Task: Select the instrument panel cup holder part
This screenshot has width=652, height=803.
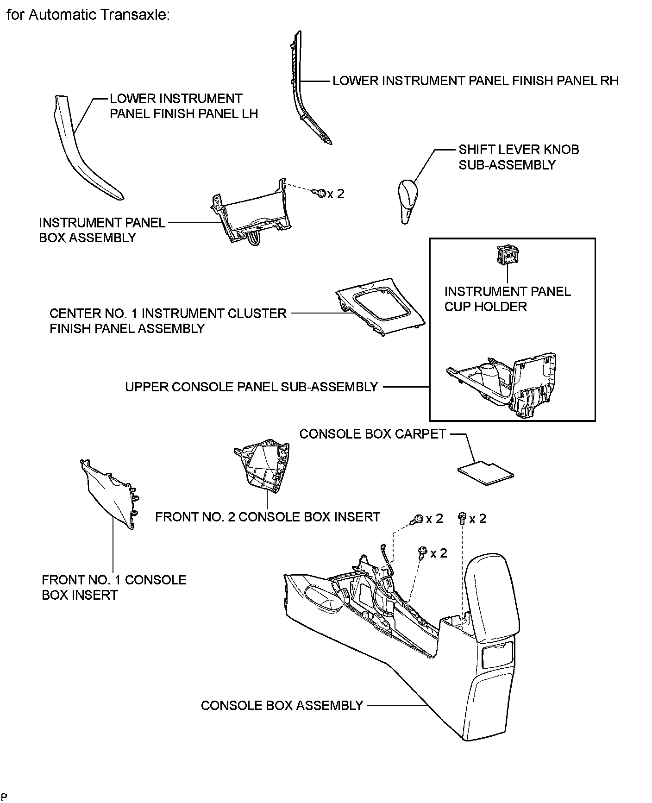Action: point(508,255)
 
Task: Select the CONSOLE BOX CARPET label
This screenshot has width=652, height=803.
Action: point(373,434)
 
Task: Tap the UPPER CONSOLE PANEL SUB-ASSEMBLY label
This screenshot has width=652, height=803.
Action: point(251,387)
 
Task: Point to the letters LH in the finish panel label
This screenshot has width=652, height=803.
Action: point(249,114)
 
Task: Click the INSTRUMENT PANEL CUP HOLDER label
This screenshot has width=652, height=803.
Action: point(508,299)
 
